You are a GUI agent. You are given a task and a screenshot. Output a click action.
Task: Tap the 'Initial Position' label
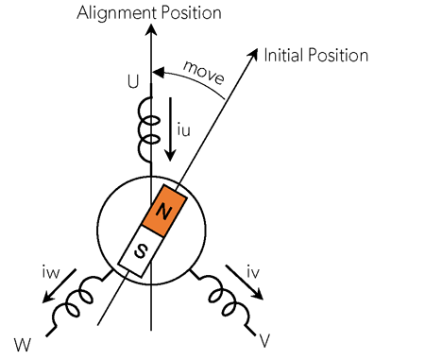click(x=315, y=55)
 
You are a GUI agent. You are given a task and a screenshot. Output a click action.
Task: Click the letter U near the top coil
click(x=132, y=83)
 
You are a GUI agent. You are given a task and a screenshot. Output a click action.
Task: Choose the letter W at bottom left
click(x=22, y=338)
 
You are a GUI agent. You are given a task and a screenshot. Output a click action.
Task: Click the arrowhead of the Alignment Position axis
click(x=151, y=31)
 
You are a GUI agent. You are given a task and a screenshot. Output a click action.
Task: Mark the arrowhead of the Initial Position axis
click(x=253, y=52)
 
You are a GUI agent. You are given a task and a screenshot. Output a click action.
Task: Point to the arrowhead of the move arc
click(x=160, y=71)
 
